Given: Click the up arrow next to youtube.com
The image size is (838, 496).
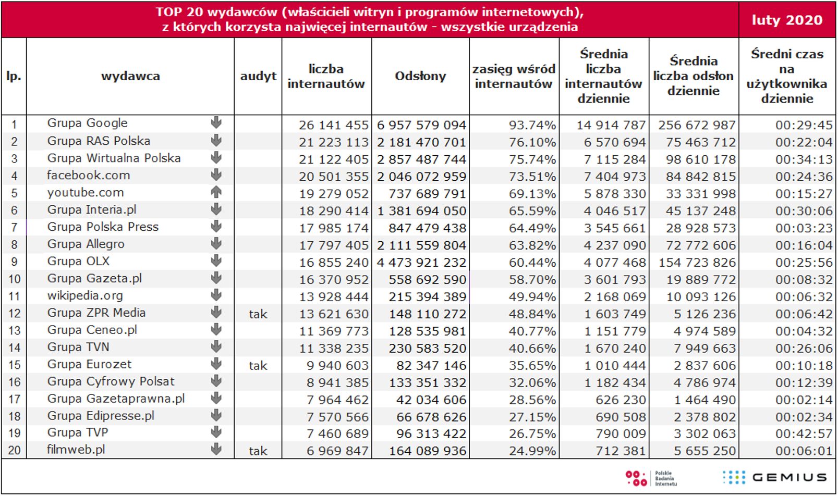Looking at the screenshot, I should click(x=216, y=192).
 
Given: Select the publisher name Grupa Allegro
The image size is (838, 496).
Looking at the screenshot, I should click(x=86, y=244).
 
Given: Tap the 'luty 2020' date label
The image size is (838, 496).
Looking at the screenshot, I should click(x=787, y=20).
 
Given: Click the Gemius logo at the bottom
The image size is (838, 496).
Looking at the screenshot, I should click(x=775, y=477).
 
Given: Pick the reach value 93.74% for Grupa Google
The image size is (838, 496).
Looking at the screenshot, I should click(x=532, y=125).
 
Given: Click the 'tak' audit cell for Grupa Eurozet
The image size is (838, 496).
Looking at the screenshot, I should click(x=258, y=366).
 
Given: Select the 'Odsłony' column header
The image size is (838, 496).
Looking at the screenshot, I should click(x=420, y=76).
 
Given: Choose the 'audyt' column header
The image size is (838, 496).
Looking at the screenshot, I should click(x=258, y=76).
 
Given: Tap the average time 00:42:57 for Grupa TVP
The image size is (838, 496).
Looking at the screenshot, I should click(x=804, y=433).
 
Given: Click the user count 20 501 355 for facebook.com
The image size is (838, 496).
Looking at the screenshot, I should click(x=334, y=177).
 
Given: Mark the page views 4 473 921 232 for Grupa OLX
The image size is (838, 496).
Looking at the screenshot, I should click(x=421, y=263).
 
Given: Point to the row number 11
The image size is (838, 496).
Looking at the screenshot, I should click(x=14, y=296).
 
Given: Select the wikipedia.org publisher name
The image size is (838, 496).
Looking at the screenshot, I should click(x=85, y=295).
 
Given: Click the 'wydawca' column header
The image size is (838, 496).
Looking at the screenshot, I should click(x=130, y=76).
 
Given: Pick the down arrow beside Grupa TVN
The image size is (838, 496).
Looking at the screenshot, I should click(x=216, y=347).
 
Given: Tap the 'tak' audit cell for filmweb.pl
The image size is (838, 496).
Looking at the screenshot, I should click(x=258, y=451).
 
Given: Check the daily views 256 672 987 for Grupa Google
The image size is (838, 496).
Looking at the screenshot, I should click(x=697, y=125).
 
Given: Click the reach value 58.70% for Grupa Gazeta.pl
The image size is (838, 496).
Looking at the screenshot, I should click(x=532, y=280).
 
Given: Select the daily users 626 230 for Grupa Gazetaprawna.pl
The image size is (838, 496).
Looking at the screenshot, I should click(x=621, y=400).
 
